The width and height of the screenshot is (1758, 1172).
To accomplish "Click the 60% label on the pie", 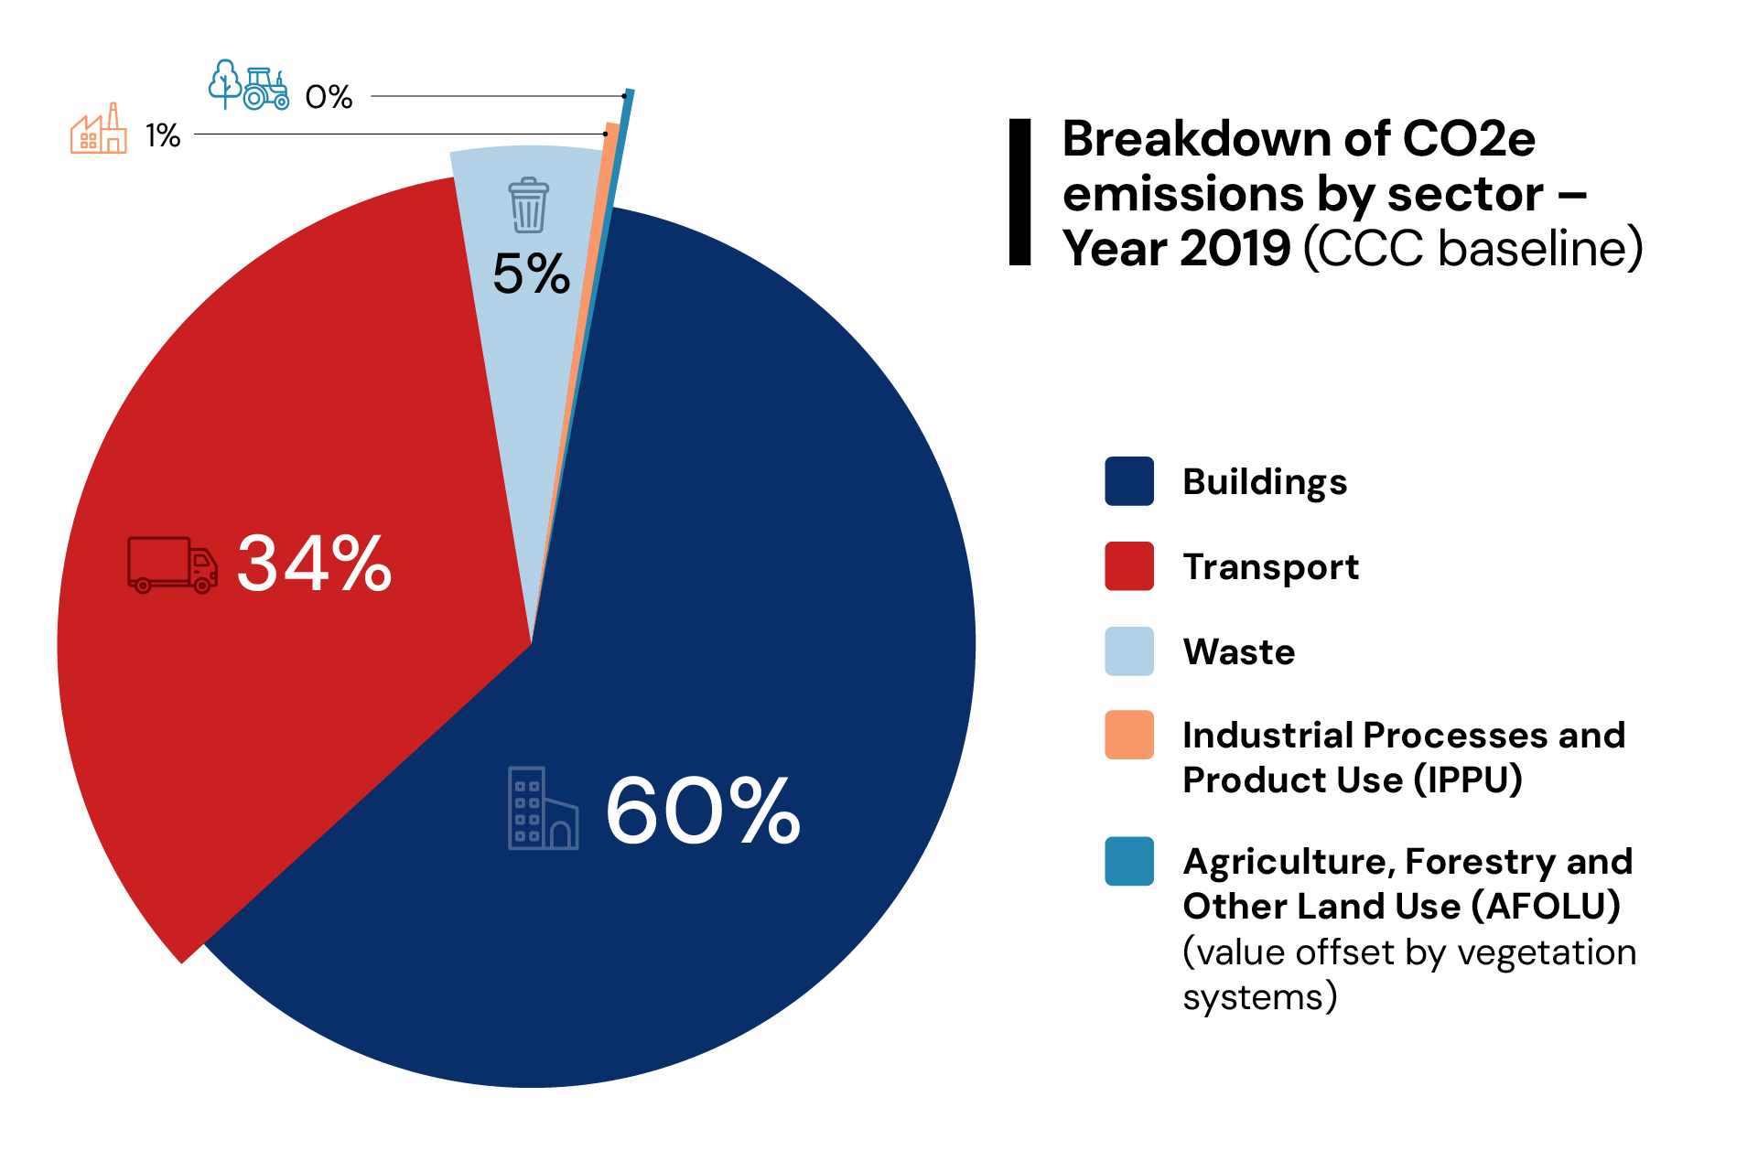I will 703,811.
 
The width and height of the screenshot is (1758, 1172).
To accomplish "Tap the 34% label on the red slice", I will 314,564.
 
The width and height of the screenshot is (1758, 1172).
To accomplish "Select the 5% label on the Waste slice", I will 531,274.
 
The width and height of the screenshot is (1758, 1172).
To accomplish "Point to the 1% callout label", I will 163,135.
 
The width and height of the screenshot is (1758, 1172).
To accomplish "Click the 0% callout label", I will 329,96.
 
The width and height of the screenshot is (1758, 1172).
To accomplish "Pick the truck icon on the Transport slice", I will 172,564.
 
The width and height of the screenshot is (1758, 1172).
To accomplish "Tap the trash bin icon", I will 528,205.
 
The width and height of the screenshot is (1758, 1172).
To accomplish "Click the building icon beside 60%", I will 543,809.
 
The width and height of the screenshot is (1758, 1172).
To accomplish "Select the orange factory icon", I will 99,130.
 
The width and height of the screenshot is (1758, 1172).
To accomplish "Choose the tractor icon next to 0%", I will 265,90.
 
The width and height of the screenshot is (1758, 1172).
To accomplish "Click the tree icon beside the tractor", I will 225,83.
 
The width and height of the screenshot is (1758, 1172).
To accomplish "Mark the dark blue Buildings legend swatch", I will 1128,481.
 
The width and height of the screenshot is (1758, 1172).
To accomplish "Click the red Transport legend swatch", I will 1128,566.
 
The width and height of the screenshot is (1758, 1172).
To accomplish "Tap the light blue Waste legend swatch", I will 1128,651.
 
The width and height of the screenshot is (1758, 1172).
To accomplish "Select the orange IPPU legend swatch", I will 1128,735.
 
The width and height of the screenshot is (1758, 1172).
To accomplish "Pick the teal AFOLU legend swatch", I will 1128,861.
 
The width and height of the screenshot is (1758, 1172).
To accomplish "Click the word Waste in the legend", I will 1238,652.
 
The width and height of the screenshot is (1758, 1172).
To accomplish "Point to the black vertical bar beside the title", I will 1019,192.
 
